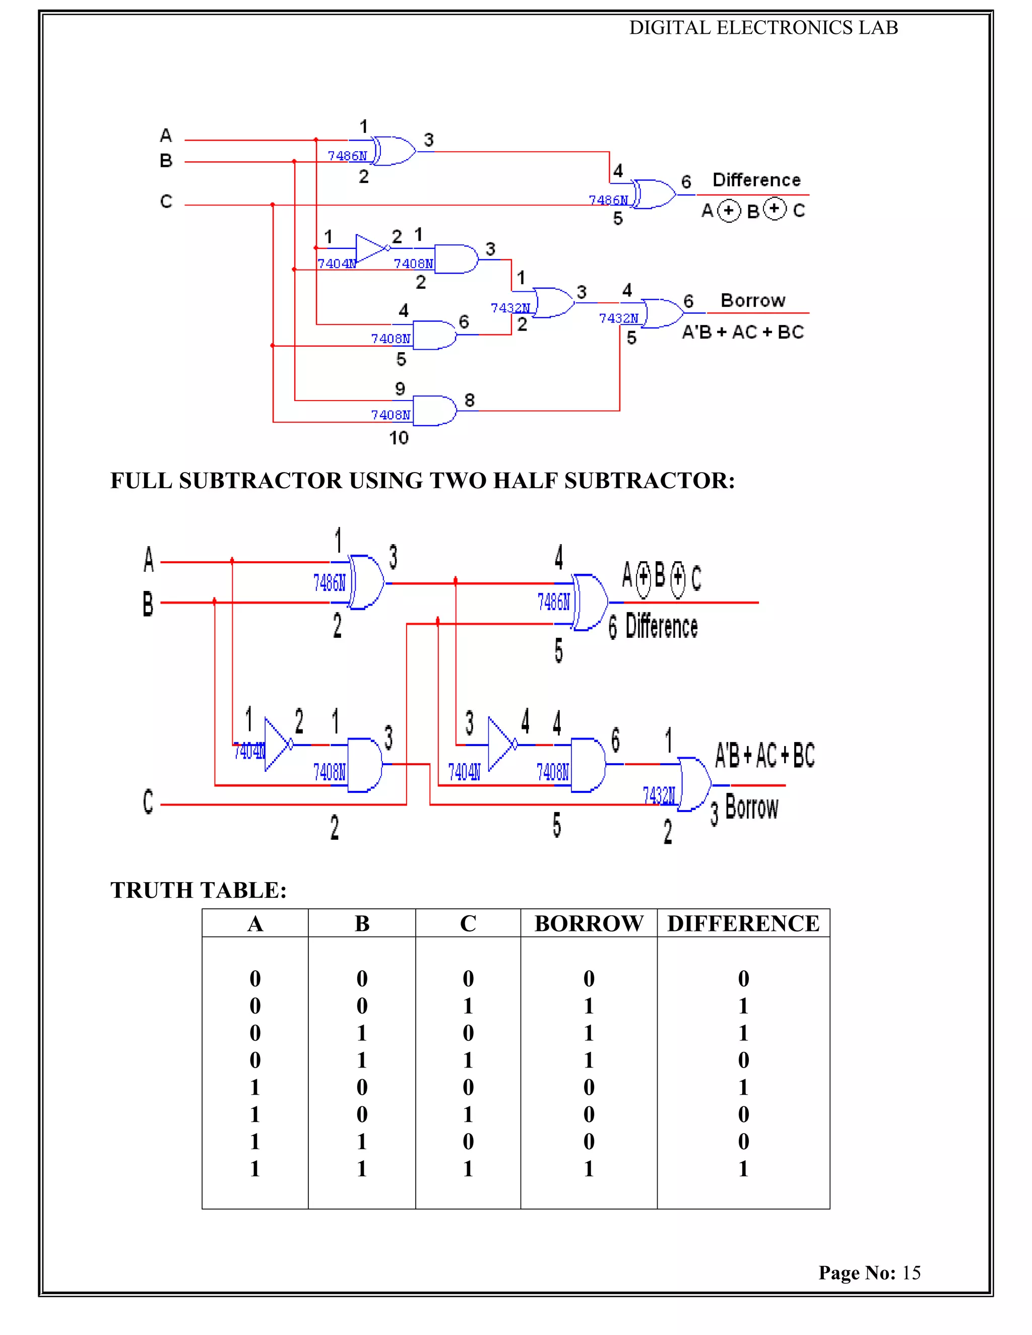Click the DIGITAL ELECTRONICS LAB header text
[x=763, y=28]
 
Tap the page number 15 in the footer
[x=911, y=1272]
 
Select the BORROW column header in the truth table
[x=588, y=923]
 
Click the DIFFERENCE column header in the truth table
[x=743, y=923]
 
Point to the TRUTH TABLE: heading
[x=198, y=890]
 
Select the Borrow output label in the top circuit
[x=753, y=300]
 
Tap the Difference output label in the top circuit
[x=756, y=180]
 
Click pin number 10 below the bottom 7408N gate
[x=399, y=438]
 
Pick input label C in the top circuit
[x=166, y=201]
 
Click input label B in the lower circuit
[x=148, y=604]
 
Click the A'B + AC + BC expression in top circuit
[x=742, y=332]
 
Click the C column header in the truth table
[x=468, y=923]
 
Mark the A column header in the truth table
[x=255, y=923]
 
